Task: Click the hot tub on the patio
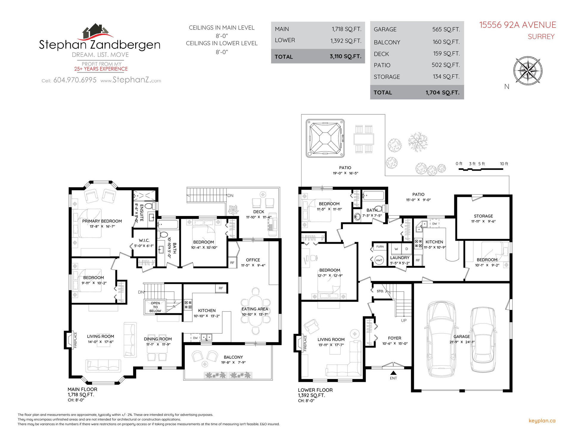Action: pyautogui.click(x=325, y=138)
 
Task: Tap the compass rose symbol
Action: pyautogui.click(x=528, y=71)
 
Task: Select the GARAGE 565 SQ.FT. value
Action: pyautogui.click(x=446, y=29)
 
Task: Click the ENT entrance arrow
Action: pyautogui.click(x=393, y=373)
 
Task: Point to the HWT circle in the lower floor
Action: pyautogui.click(x=379, y=260)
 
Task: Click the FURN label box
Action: pyautogui.click(x=380, y=247)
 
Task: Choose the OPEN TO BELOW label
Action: pyautogui.click(x=155, y=307)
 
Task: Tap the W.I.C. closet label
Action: pyautogui.click(x=144, y=240)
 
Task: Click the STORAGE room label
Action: pyautogui.click(x=483, y=216)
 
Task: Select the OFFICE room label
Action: pyautogui.click(x=253, y=260)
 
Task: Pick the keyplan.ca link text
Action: pyautogui.click(x=542, y=421)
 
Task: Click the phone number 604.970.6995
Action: pyautogui.click(x=75, y=80)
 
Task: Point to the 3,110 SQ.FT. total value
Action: pyautogui.click(x=345, y=56)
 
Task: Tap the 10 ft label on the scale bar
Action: pyautogui.click(x=504, y=164)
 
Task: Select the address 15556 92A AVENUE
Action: pyautogui.click(x=517, y=25)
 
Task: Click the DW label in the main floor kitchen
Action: pyautogui.click(x=195, y=338)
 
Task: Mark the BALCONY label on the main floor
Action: pyautogui.click(x=233, y=357)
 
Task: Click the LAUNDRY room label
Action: pyautogui.click(x=400, y=258)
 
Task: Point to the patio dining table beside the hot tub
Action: pyautogui.click(x=364, y=139)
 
